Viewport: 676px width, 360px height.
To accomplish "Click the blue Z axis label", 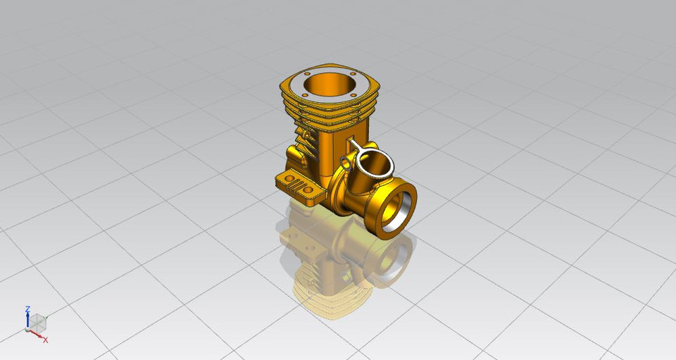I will (x=27, y=309).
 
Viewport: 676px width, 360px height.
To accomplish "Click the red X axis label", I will (x=46, y=340).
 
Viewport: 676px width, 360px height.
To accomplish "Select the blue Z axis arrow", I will (x=27, y=320).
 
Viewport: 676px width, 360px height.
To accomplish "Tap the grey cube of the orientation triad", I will (x=37, y=322).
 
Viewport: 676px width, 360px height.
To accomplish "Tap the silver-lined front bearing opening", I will (x=393, y=211).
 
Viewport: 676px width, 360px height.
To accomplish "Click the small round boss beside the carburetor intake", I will (x=344, y=163).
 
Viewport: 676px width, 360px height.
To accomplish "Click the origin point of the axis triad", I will (x=27, y=330).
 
